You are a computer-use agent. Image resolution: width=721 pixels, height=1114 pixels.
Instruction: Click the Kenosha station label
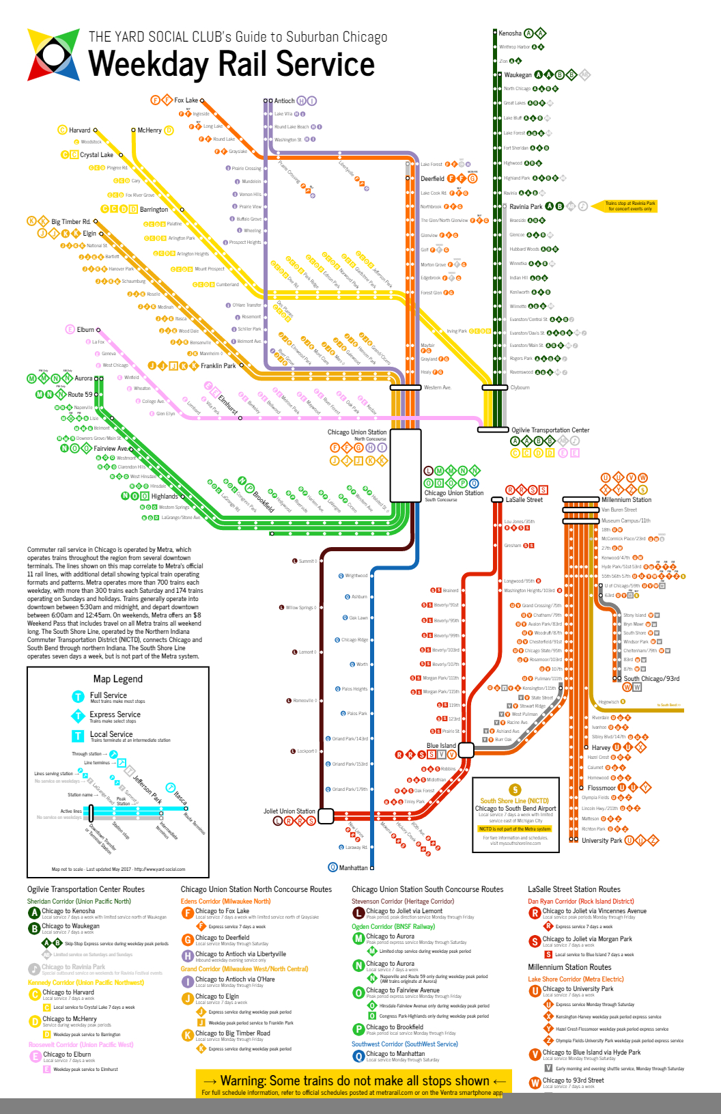tap(509, 33)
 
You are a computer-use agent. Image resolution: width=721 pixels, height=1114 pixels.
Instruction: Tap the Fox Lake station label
tap(186, 100)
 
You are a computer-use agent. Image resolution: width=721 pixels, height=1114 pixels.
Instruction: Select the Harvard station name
tap(79, 130)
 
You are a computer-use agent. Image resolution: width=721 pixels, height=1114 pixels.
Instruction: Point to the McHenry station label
tap(150, 130)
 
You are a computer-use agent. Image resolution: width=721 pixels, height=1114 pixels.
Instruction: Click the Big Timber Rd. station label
tap(71, 221)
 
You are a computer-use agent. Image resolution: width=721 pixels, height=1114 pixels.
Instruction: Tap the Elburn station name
tap(85, 329)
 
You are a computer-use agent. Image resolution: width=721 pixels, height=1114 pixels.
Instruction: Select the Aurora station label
tap(83, 378)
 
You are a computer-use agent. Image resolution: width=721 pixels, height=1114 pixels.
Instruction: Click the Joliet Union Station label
tap(289, 811)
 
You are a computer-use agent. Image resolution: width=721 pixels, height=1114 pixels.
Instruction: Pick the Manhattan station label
tap(353, 867)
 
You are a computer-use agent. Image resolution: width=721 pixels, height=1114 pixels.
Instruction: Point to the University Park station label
tap(602, 841)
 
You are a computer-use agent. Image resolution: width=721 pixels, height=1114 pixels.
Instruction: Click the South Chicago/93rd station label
tap(651, 678)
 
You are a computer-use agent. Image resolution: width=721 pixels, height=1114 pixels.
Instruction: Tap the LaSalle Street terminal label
tap(524, 500)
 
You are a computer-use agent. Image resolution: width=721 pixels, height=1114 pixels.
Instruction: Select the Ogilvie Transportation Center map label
tap(550, 430)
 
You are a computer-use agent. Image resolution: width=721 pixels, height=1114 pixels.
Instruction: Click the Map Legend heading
tap(117, 679)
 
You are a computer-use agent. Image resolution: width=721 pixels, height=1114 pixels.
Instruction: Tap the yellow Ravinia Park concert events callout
tap(630, 206)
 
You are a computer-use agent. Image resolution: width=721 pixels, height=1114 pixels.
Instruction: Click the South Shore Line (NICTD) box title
tap(514, 800)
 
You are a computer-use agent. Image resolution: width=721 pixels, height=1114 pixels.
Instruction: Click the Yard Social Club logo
tap(53, 55)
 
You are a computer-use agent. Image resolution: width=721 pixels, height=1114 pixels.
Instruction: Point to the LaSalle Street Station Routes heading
tap(574, 889)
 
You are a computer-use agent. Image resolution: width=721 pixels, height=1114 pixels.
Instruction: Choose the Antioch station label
tap(284, 100)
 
